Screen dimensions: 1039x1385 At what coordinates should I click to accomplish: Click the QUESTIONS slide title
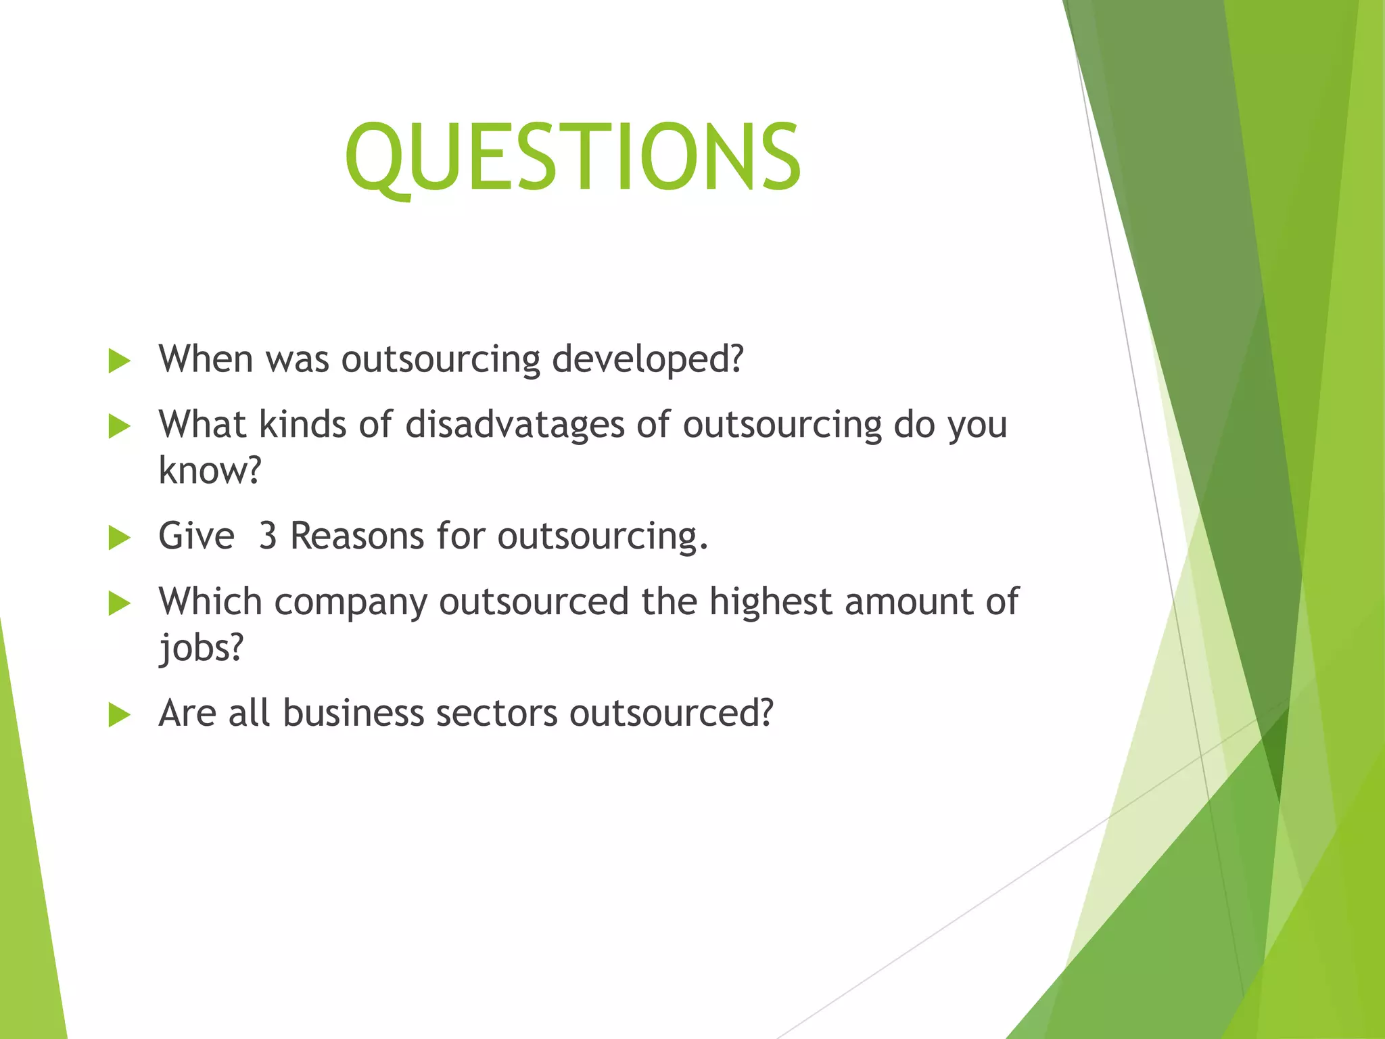(573, 157)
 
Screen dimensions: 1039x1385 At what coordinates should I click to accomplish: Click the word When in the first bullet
(206, 359)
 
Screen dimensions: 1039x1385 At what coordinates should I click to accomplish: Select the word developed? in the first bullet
(647, 360)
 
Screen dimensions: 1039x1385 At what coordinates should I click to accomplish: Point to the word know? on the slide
(210, 470)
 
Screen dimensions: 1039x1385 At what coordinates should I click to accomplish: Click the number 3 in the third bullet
(268, 536)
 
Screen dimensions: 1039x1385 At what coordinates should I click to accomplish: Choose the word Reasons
(357, 536)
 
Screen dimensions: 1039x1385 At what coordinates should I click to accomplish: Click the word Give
(196, 536)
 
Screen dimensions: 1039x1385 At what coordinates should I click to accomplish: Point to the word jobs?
(201, 648)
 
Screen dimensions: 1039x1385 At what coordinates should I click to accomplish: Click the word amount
(908, 602)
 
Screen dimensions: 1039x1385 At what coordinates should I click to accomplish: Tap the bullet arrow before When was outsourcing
(119, 361)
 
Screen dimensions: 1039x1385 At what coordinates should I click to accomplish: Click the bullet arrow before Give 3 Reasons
(119, 538)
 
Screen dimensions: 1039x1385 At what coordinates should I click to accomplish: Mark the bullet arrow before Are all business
(119, 715)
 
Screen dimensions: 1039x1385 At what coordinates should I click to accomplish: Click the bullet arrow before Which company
(119, 603)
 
